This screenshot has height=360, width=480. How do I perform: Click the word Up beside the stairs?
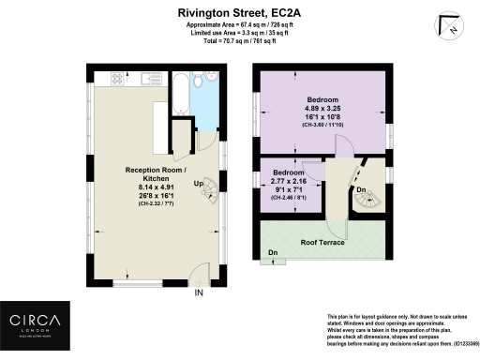click(x=199, y=184)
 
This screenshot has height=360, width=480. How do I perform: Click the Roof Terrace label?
click(x=320, y=242)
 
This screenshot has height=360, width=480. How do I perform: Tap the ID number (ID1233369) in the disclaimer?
click(x=450, y=343)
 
